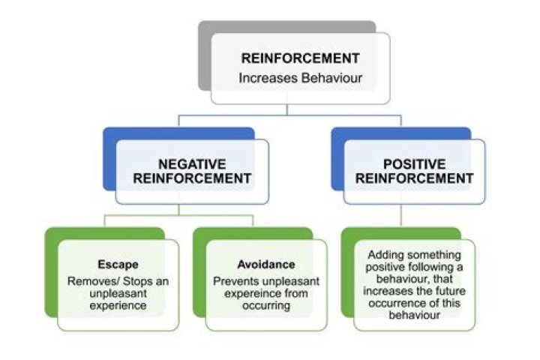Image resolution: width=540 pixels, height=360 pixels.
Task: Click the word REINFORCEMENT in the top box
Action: pyautogui.click(x=300, y=58)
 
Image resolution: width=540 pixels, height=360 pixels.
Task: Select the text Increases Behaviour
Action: pyautogui.click(x=300, y=77)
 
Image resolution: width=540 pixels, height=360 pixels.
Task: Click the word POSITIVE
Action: pyautogui.click(x=414, y=163)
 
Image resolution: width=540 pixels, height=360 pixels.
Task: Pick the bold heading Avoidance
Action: pyautogui.click(x=265, y=264)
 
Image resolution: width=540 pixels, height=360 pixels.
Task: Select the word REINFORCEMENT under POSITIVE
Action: pyautogui.click(x=414, y=178)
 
